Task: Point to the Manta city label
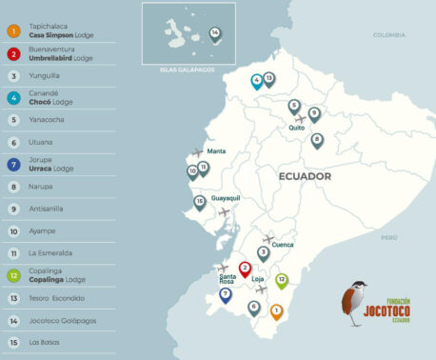(x=217, y=151)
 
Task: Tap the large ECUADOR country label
(x=305, y=176)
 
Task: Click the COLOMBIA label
(x=389, y=35)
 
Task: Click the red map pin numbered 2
(x=245, y=270)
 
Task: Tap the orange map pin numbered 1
(x=277, y=310)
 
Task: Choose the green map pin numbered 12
(x=282, y=280)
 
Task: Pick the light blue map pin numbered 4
(x=257, y=81)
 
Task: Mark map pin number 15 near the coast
(x=200, y=202)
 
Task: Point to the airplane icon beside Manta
(x=197, y=152)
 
